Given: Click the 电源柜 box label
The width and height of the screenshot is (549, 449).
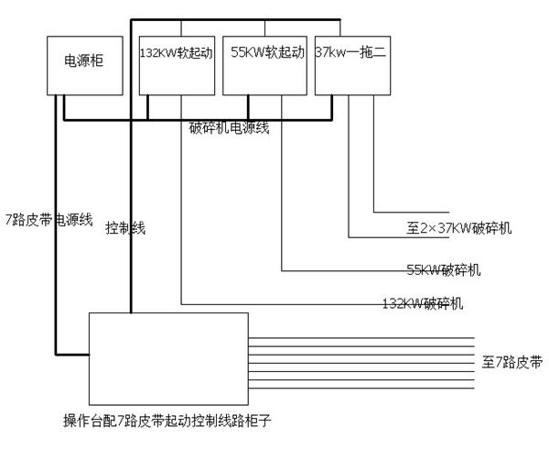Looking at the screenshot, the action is tap(84, 60).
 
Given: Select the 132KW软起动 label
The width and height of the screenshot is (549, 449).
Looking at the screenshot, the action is tap(177, 52).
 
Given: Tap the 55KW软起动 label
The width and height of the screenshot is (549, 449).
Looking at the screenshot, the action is tap(267, 52).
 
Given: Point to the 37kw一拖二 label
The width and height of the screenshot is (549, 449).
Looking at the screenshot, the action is tap(350, 52).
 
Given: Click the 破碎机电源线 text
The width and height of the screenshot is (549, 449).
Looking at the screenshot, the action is tap(230, 127).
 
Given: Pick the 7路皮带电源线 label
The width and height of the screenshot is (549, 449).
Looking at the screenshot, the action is tap(49, 220).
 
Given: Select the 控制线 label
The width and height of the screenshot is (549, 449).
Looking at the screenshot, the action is tap(125, 228).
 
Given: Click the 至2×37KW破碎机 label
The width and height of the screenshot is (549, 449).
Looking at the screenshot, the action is tap(459, 228).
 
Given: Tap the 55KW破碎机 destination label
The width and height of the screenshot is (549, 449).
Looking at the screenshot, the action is tap(444, 270).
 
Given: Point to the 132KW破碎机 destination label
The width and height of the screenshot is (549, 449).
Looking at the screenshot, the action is tap(423, 303).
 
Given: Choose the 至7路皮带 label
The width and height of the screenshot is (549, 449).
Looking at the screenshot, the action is tap(512, 362).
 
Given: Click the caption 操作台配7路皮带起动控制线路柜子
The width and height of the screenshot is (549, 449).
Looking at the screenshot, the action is tap(167, 420).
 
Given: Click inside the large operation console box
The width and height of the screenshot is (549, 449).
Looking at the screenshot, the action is tap(168, 359).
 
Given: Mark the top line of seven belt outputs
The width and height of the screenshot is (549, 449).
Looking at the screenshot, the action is tap(361, 338).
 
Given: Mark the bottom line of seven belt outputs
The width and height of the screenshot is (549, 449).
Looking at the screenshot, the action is tap(361, 388).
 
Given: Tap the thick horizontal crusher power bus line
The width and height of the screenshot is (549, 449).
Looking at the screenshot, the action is tap(198, 120).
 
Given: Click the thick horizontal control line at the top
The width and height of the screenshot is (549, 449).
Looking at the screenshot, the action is tap(235, 19).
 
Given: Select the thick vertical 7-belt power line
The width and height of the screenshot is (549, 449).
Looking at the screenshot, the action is tap(56, 224).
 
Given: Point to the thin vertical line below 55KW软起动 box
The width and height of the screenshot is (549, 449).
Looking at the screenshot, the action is tap(282, 182).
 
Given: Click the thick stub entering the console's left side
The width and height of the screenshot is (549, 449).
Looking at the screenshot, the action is tap(72, 355).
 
